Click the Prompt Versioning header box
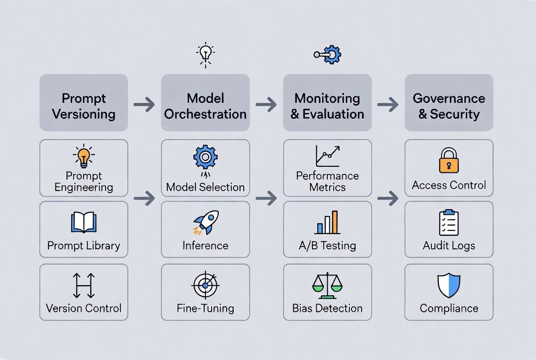(84, 103)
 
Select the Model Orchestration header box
(205, 103)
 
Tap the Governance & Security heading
(449, 106)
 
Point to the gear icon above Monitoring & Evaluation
(330, 55)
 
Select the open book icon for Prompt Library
(84, 222)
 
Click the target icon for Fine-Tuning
(205, 286)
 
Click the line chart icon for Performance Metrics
(327, 156)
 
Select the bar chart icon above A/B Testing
(327, 223)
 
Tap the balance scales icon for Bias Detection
(327, 286)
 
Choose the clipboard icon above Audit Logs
(449, 223)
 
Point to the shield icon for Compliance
(449, 285)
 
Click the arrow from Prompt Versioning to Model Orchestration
(145, 105)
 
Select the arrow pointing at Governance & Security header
(388, 105)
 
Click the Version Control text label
(84, 308)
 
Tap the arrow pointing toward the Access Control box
(388, 198)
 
